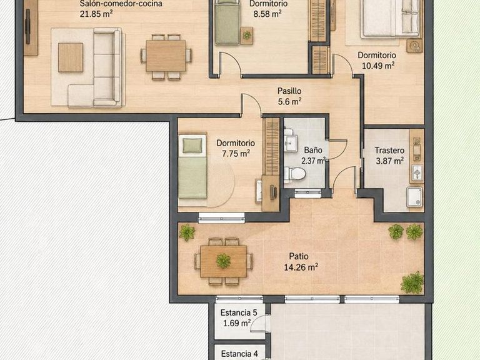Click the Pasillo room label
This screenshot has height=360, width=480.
[x=289, y=91]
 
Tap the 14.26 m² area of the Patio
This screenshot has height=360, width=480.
[x=301, y=267]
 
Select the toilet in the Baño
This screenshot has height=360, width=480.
[x=295, y=174]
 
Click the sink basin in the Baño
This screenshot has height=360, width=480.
[x=291, y=144]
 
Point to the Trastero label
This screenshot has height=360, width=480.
[x=389, y=150]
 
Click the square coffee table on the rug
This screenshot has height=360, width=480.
[x=71, y=57]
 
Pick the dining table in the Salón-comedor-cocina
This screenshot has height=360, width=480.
[x=166, y=56]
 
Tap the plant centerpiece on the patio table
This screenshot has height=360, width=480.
[x=224, y=261]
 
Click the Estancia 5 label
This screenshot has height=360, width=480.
[x=239, y=312]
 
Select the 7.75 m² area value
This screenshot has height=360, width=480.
[x=236, y=153]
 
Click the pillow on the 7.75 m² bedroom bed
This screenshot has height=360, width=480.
[x=192, y=145]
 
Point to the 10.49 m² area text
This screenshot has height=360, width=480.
[x=378, y=66]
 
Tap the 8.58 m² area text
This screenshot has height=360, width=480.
[x=267, y=14]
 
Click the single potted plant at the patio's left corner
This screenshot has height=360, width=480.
[x=187, y=232]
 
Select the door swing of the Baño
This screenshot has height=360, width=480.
[x=337, y=150]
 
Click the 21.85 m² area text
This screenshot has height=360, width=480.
[x=96, y=14]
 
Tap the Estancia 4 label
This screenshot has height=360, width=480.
[x=239, y=354]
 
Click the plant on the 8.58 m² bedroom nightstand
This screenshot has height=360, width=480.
[x=247, y=35]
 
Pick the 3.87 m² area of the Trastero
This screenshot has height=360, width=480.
[x=389, y=161]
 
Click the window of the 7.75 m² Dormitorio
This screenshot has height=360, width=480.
[x=222, y=217]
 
